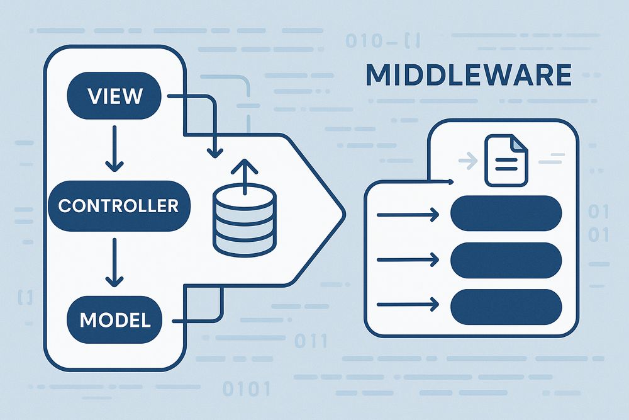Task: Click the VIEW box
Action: (x=115, y=96)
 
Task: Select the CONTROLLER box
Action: (x=118, y=205)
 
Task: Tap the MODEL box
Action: (x=115, y=319)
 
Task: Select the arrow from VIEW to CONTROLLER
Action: (x=114, y=148)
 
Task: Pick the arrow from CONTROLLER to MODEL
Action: (x=114, y=261)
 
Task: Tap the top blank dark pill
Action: (x=506, y=213)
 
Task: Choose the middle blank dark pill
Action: (x=506, y=259)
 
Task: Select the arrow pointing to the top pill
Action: (x=408, y=215)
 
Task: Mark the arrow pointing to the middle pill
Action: (x=408, y=259)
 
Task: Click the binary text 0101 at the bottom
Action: (x=247, y=388)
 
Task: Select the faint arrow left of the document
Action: (x=468, y=161)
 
